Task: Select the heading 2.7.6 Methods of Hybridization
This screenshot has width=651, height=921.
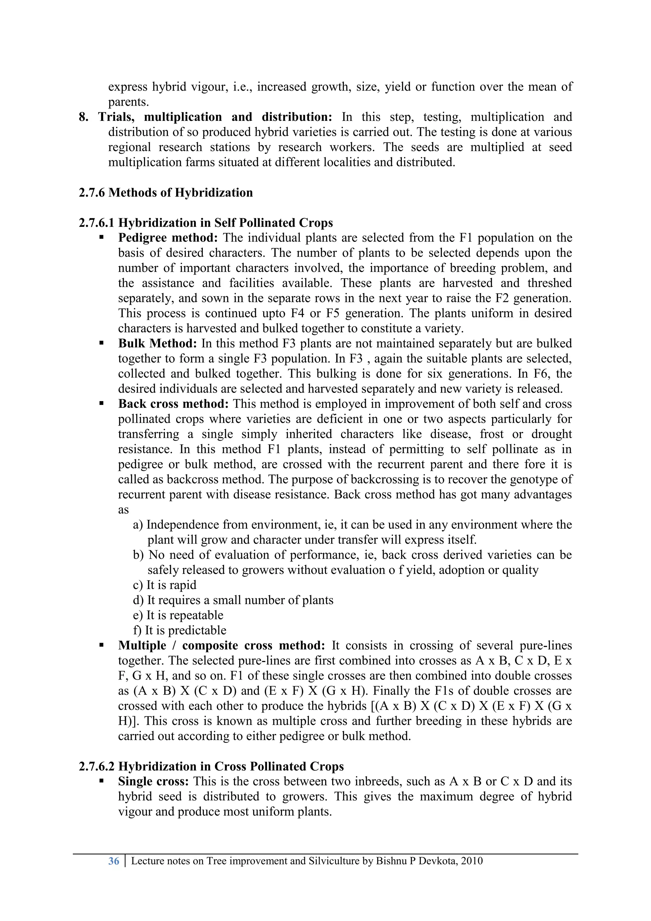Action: [166, 192]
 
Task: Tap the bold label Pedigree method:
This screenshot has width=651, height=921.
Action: [168, 238]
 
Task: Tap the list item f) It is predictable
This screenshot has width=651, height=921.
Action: [180, 630]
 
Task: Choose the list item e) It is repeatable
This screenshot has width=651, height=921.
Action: [178, 615]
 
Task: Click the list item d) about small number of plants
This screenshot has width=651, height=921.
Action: [233, 600]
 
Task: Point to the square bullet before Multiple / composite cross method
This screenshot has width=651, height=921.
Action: [102, 646]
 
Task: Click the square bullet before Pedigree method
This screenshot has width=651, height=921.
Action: [102, 238]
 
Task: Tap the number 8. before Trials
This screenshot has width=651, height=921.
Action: [83, 117]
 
